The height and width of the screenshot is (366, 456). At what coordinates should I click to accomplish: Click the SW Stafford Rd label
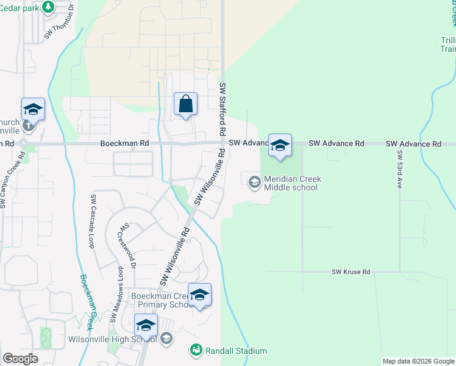coord(223,109)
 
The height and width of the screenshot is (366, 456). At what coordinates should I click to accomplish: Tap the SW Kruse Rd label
coord(351,272)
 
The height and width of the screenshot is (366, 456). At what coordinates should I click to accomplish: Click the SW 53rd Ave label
coord(401,169)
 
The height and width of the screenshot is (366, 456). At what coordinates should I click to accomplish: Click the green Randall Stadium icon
coord(196,350)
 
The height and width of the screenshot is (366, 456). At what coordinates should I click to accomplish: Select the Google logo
coord(20,359)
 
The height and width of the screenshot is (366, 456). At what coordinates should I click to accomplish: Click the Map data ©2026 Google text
coord(418,361)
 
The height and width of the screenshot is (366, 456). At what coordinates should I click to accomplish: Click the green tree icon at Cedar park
coord(48,5)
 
